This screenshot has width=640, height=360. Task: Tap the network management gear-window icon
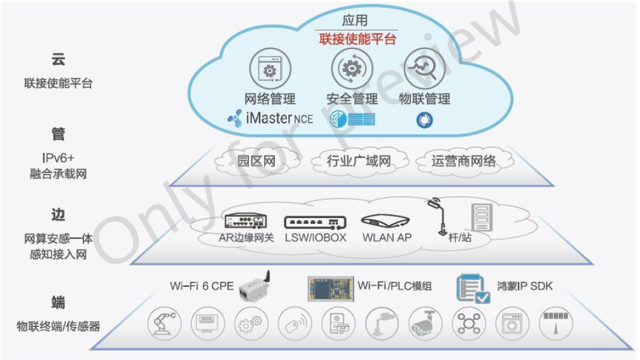(x=270, y=69)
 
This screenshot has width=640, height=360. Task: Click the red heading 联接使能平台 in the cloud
(x=358, y=39)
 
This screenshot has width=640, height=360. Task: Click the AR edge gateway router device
(x=246, y=221)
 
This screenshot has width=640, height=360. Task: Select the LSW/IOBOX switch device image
(x=316, y=222)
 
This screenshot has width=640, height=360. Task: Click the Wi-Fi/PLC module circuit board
(x=330, y=287)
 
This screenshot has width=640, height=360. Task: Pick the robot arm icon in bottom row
(x=165, y=323)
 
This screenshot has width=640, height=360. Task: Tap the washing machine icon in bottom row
(x=512, y=323)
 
